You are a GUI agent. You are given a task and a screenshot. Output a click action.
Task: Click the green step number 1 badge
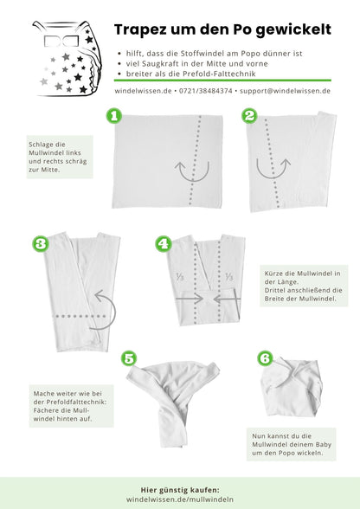click(114, 116)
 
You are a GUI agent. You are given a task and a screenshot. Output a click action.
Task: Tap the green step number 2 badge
click(249, 116)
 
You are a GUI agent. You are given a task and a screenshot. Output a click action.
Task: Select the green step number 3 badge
click(41, 243)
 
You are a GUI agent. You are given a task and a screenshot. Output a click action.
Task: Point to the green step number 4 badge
click(164, 243)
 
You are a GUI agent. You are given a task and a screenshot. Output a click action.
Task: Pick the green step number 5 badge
click(129, 358)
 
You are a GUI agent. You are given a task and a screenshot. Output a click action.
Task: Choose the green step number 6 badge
click(265, 358)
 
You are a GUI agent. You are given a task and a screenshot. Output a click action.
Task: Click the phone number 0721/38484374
click(205, 91)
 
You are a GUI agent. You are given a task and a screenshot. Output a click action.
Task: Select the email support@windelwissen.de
click(285, 91)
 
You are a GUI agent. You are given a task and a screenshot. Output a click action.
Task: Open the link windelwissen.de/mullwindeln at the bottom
click(180, 499)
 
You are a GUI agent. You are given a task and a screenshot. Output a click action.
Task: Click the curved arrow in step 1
click(192, 174)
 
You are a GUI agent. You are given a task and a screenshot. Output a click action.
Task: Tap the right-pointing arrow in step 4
click(190, 299)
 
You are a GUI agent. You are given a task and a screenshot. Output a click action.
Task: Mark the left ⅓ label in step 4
click(180, 277)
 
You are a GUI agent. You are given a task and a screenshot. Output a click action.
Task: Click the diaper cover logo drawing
click(67, 59)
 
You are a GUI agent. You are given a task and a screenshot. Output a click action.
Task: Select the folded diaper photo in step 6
click(292, 387)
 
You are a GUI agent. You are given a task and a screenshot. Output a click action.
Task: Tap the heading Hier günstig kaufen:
click(180, 490)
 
